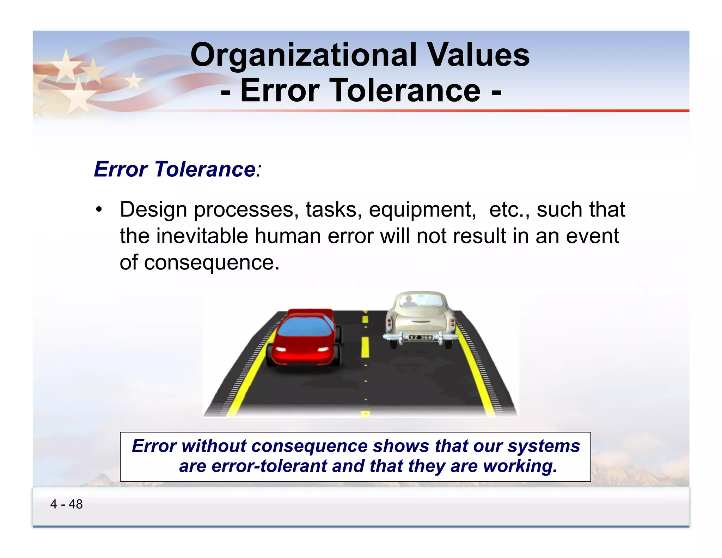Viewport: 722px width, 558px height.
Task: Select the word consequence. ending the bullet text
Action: click(x=212, y=263)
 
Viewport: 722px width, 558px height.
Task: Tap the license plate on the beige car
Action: click(x=420, y=338)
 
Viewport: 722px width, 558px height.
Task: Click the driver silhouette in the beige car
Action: click(x=408, y=301)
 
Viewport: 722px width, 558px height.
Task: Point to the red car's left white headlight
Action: click(x=281, y=350)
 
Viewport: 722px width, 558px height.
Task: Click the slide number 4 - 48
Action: click(x=66, y=504)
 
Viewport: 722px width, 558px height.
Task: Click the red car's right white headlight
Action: click(x=323, y=350)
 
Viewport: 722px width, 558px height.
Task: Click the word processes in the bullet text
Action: click(x=244, y=210)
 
